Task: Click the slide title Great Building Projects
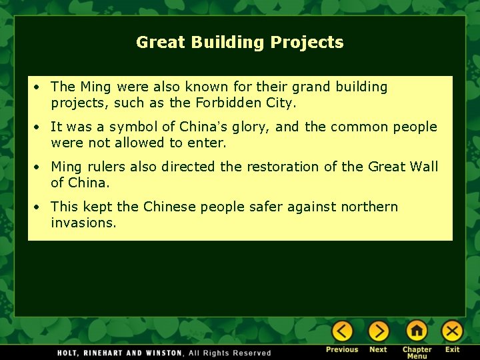(240, 43)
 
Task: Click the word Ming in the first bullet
(95, 87)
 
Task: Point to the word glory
(248, 127)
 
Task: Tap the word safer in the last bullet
(263, 207)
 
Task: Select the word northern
(369, 207)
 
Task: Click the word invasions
(83, 223)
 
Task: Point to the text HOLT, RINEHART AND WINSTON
(120, 353)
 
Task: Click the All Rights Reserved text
(230, 353)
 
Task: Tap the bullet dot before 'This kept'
(41, 207)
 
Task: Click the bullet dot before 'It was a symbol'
(41, 127)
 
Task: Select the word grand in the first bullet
(309, 87)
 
